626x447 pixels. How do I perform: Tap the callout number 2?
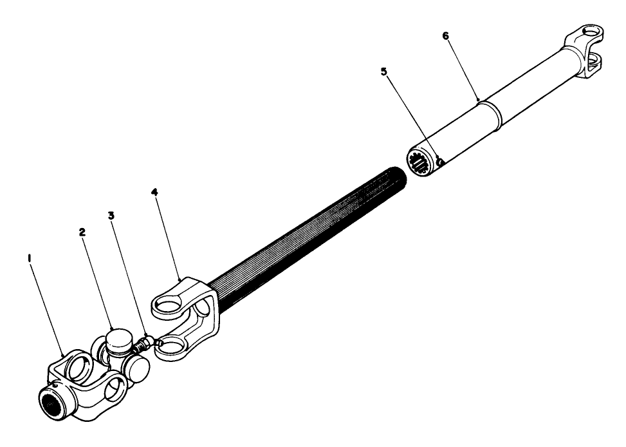tap(82, 233)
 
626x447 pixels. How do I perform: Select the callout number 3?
tap(111, 216)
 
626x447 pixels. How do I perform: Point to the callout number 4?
tap(154, 192)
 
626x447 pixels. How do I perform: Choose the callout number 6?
tap(445, 35)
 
